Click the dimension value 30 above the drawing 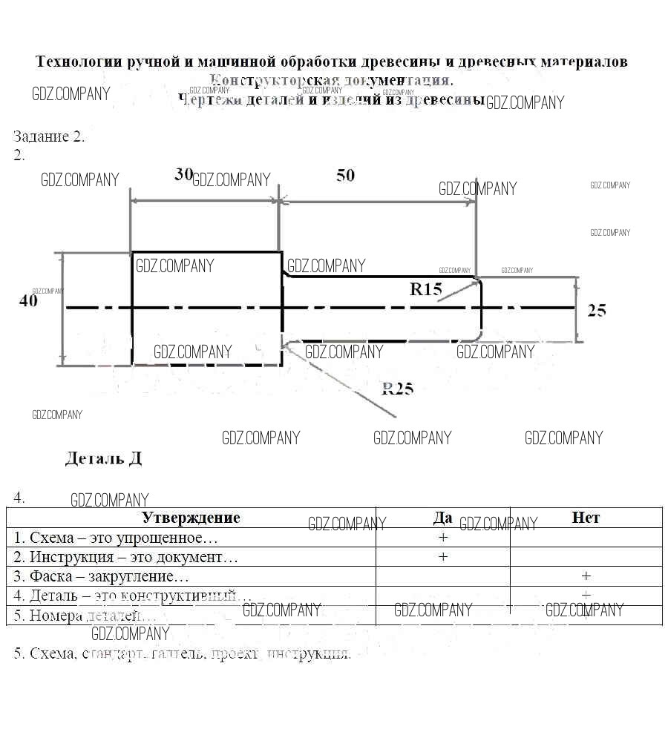(x=183, y=174)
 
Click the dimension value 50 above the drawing (x=345, y=176)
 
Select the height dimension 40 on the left (x=27, y=300)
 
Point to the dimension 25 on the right (x=597, y=310)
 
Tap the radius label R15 (x=425, y=289)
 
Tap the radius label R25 (x=397, y=388)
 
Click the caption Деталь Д (x=103, y=458)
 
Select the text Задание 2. (x=49, y=136)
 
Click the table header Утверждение (x=191, y=518)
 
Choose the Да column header (x=442, y=518)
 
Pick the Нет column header (x=586, y=518)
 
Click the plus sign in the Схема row (x=443, y=537)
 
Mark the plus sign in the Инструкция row (x=443, y=556)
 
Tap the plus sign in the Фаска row (x=586, y=576)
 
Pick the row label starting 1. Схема (x=116, y=537)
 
